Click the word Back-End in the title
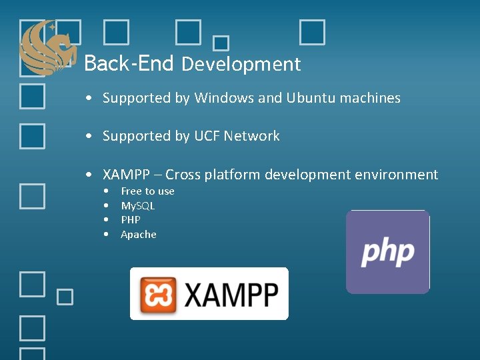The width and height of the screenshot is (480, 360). (129, 64)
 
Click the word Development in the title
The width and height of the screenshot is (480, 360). (241, 65)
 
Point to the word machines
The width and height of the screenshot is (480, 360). (370, 98)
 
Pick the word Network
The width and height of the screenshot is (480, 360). (252, 136)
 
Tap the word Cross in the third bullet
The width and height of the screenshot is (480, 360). (183, 175)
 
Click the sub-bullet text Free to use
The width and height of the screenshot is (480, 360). (147, 191)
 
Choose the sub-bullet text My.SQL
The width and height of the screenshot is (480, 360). (137, 206)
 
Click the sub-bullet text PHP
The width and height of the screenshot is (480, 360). (131, 220)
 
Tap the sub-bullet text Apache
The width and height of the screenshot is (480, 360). (139, 235)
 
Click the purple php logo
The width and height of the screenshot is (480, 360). (387, 252)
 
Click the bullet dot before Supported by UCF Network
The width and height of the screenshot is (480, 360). (89, 137)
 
